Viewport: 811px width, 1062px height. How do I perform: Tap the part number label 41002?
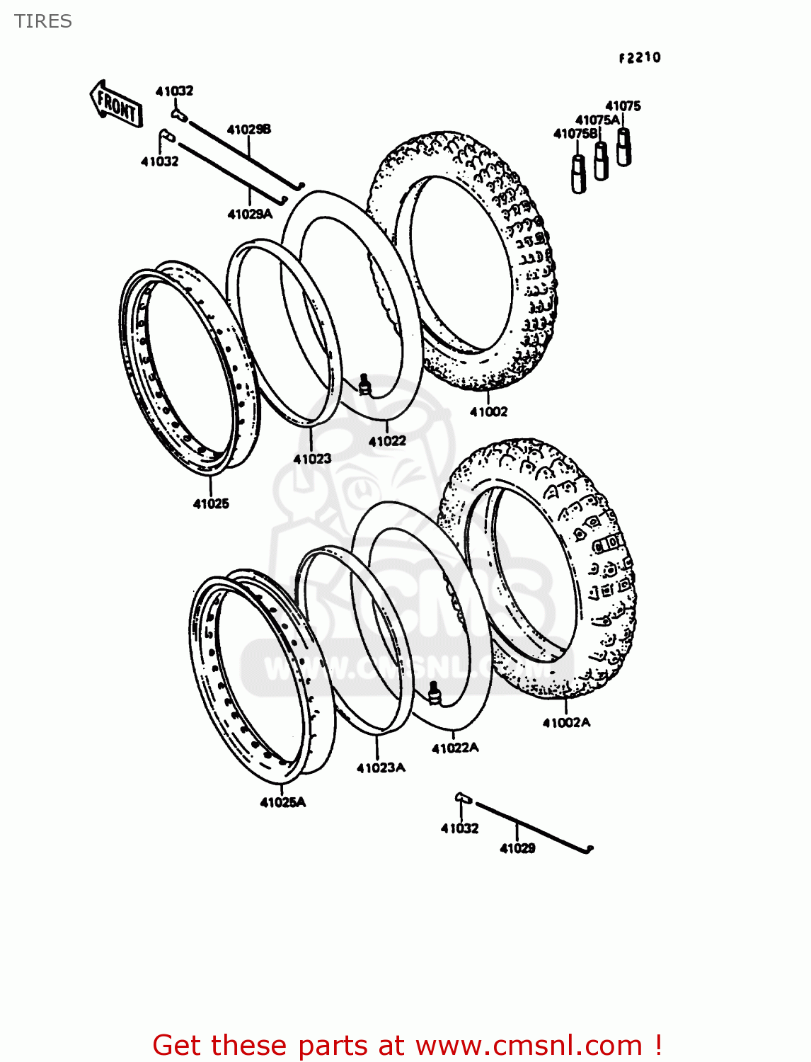coord(488,411)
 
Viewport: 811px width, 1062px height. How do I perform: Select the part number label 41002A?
coord(566,722)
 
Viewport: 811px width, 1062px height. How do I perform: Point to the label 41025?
coord(211,503)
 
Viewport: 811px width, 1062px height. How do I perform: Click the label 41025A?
coord(282,802)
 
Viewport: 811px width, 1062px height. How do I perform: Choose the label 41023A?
coord(381,767)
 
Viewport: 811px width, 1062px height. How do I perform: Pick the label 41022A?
coord(455,748)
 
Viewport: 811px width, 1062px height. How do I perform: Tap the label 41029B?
coord(248,130)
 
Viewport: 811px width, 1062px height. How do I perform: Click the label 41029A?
coord(249,214)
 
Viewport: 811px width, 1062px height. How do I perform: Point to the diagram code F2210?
coord(640,58)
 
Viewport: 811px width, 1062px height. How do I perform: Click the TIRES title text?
coord(43,21)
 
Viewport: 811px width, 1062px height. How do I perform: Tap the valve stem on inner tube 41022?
coord(365,384)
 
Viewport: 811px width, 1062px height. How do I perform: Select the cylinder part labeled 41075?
coord(623,147)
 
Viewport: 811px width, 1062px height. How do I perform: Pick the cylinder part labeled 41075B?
coord(578,174)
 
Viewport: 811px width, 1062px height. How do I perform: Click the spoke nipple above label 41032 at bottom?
coord(462,798)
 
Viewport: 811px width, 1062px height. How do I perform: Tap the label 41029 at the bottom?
coord(517,848)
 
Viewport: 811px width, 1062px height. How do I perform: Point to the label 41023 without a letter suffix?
coord(312,459)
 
